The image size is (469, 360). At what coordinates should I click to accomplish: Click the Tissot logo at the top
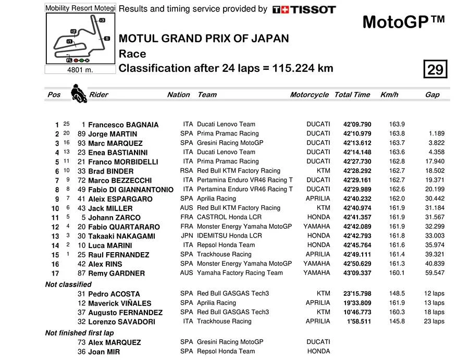304,9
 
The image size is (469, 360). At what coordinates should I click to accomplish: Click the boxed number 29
435,69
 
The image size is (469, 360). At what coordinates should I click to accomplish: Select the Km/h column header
389,95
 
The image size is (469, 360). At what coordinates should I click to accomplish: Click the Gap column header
432,95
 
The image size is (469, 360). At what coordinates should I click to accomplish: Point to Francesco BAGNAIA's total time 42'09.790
357,125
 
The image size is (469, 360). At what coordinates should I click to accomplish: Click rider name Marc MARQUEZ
115,143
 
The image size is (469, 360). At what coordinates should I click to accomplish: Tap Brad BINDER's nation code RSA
187,171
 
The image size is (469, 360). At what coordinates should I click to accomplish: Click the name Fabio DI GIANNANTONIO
131,190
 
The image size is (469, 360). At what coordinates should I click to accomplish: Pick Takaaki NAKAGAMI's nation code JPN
187,236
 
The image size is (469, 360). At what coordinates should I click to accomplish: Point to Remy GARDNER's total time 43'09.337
357,273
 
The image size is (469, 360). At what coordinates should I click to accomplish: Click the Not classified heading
68,284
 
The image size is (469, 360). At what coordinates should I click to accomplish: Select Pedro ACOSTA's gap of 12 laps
434,294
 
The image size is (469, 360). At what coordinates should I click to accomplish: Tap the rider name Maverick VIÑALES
119,303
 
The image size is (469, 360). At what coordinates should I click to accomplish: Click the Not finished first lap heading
79,332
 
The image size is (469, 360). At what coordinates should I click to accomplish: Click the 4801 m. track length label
80,70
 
